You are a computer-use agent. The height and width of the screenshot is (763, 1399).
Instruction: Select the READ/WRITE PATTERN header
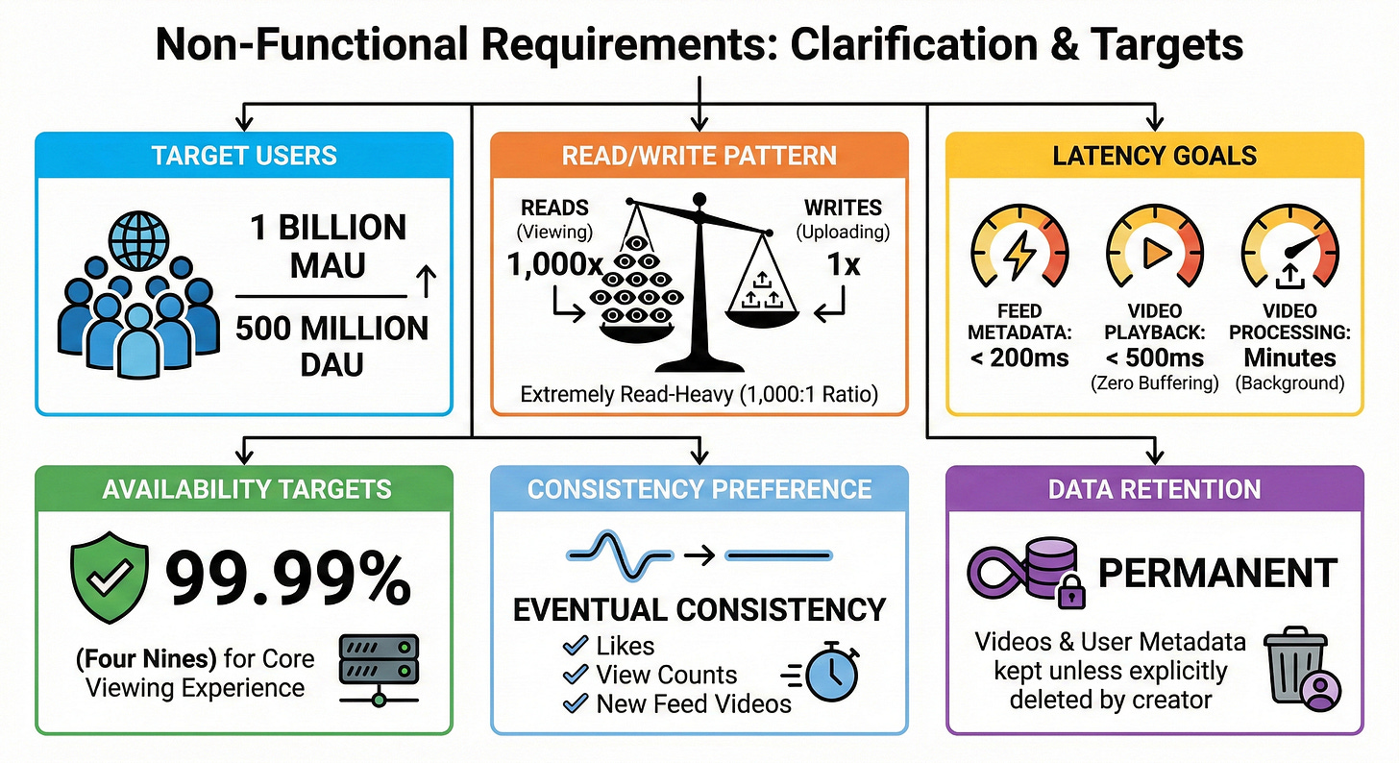click(x=699, y=156)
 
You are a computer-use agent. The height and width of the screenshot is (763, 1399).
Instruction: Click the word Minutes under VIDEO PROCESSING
click(x=1289, y=357)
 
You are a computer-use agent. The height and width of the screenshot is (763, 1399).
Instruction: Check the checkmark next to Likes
click(x=576, y=646)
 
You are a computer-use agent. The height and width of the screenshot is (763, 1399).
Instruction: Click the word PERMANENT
click(x=1217, y=574)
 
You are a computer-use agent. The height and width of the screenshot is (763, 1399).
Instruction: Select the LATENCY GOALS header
click(x=1154, y=156)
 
